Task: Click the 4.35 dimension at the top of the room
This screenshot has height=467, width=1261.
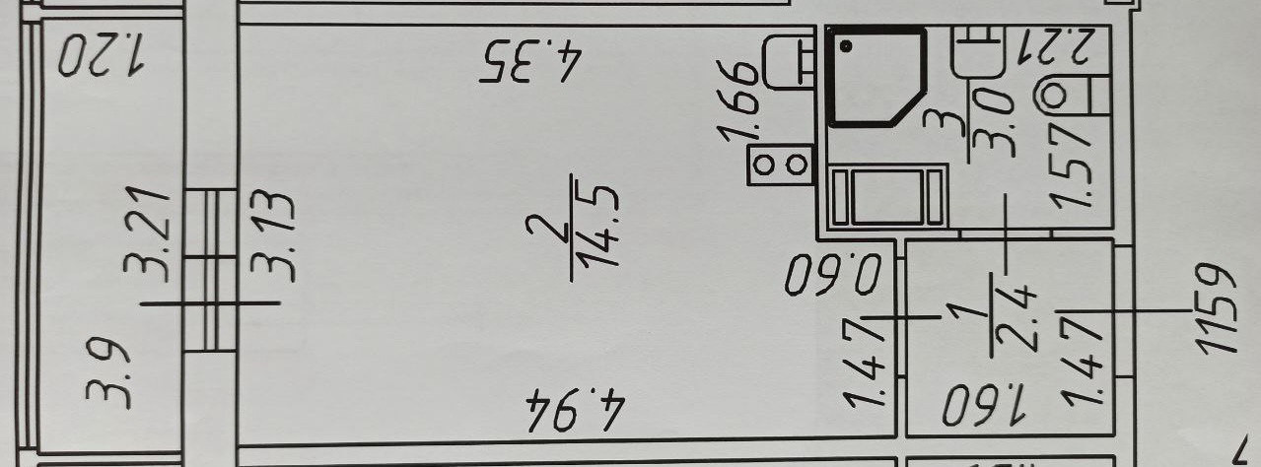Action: coord(528,64)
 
